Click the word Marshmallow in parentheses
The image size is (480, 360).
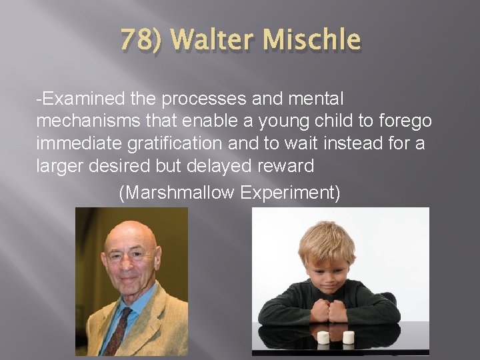coord(179,193)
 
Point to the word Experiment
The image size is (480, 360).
coord(291,193)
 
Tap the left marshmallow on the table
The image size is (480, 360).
coord(324,337)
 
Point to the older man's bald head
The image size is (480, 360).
coord(129,233)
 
